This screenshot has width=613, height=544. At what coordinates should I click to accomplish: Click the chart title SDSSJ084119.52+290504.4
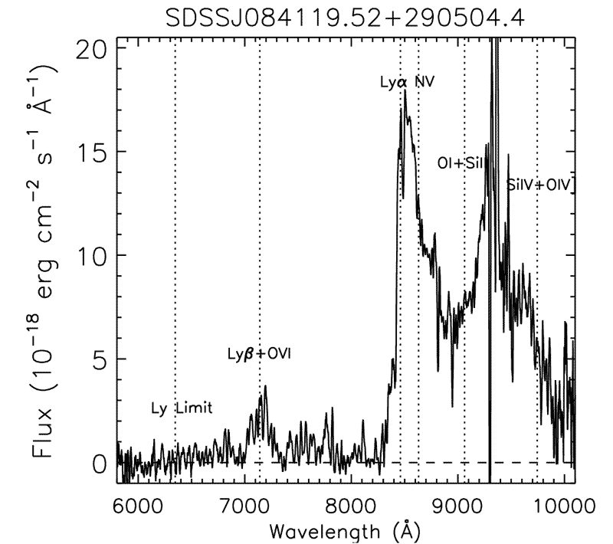point(346,17)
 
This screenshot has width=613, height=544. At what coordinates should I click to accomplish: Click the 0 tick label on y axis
point(97,464)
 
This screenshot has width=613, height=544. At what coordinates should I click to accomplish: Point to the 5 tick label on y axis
point(97,360)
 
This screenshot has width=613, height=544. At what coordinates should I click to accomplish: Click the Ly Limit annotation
point(180,408)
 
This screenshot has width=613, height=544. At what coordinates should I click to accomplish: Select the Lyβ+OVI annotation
point(260,354)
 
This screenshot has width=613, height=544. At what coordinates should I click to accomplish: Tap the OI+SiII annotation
point(464,163)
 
